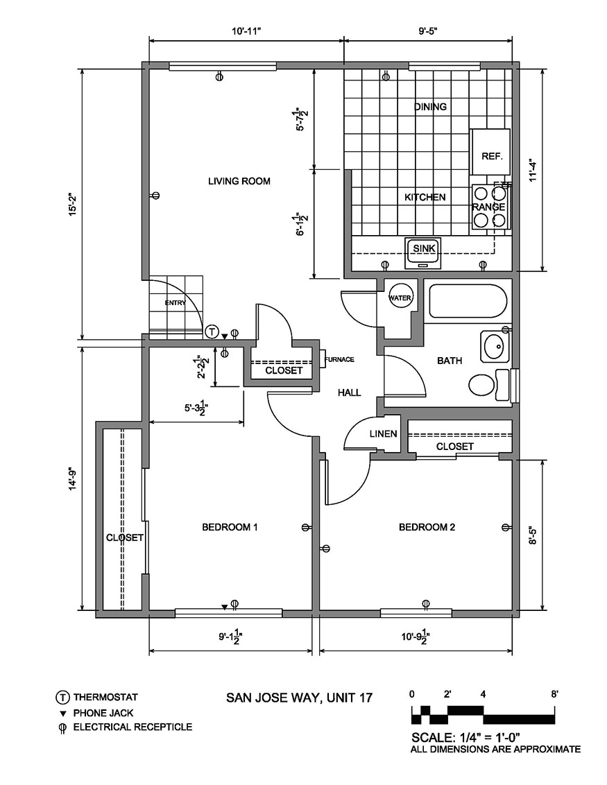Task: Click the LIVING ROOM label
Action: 239,182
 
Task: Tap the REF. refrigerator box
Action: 491,156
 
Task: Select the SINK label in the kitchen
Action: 422,248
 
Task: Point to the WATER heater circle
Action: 400,298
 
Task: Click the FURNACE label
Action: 340,359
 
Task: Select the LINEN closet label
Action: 383,434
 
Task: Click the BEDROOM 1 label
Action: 230,527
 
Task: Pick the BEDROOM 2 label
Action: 427,527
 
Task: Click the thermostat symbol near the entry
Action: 212,331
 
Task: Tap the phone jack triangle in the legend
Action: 62,713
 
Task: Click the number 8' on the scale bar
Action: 554,693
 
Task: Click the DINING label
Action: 430,107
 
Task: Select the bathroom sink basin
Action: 494,346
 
